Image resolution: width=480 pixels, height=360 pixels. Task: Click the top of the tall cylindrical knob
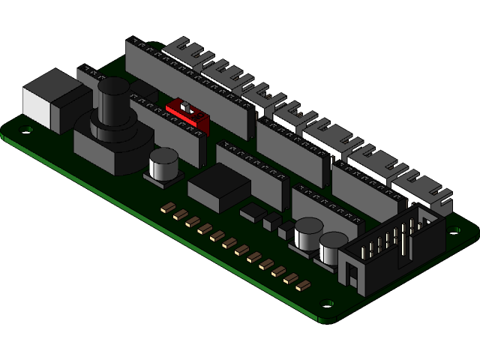click(114, 85)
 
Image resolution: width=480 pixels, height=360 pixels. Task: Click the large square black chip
click(218, 186)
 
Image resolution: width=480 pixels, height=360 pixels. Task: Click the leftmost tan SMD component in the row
click(169, 208)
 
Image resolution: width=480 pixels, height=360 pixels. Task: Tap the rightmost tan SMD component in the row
click(304, 285)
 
